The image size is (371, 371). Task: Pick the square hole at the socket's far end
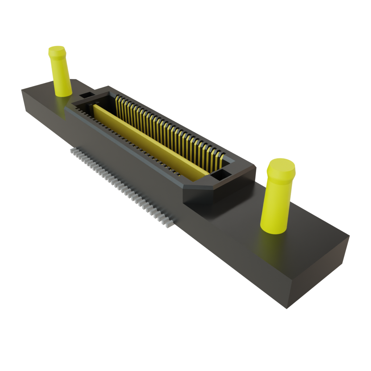point(86,95)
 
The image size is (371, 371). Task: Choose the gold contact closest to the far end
point(117,104)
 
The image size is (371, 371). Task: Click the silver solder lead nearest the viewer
point(169,223)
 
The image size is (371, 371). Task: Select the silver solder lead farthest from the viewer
point(72,151)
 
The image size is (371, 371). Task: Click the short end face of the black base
point(319,272)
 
